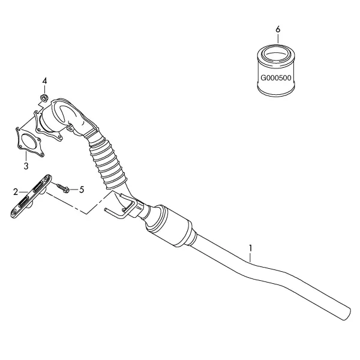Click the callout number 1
pos(250,248)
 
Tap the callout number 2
pos(16,192)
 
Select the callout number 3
pos(26,166)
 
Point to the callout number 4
pos(44,81)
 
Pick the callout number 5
pos(82,190)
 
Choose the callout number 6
pos(278,29)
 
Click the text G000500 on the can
pos(276,78)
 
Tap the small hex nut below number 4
pos(44,98)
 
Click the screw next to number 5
pos(62,187)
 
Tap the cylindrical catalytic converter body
pos(170,226)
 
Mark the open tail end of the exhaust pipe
pos(347,314)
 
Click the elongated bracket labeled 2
pos(31,196)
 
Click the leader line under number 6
pos(278,38)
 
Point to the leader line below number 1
pos(250,257)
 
